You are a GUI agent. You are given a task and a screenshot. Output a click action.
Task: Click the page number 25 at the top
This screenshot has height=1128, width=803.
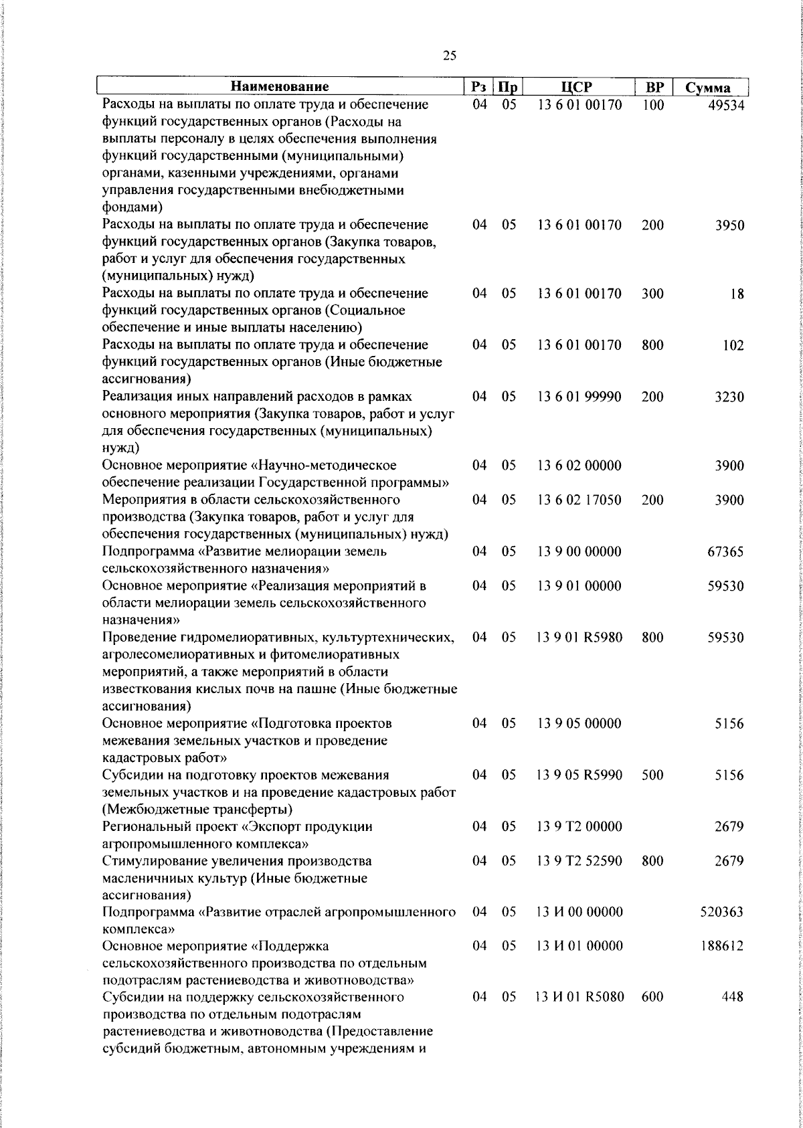450,56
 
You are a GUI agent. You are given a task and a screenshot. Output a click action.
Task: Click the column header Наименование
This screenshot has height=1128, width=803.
280,87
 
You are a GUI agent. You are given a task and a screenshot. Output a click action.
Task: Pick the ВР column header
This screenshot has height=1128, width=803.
654,87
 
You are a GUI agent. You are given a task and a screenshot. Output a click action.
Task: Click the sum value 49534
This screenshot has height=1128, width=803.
725,106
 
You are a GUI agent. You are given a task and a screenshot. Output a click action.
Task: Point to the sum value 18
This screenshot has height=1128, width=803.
737,294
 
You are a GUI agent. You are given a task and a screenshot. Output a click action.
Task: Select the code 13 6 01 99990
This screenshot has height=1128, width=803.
579,397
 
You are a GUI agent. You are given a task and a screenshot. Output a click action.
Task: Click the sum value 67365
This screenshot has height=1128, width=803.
725,553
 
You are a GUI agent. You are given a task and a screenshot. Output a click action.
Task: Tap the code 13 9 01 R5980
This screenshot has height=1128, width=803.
579,638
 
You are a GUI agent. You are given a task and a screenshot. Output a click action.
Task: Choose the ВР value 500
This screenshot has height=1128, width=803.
652,775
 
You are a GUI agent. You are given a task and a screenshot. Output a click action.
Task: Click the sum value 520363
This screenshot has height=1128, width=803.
722,913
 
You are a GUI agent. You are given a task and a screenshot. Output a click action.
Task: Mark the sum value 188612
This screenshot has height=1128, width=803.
722,947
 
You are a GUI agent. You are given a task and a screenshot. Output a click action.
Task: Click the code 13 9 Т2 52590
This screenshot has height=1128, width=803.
579,861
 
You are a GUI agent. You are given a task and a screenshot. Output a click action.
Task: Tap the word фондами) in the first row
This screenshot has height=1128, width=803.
128,207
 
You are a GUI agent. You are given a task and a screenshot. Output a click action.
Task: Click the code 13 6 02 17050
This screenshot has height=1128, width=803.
579,500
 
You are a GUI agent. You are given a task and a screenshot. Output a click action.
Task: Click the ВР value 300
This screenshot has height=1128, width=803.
652,294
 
